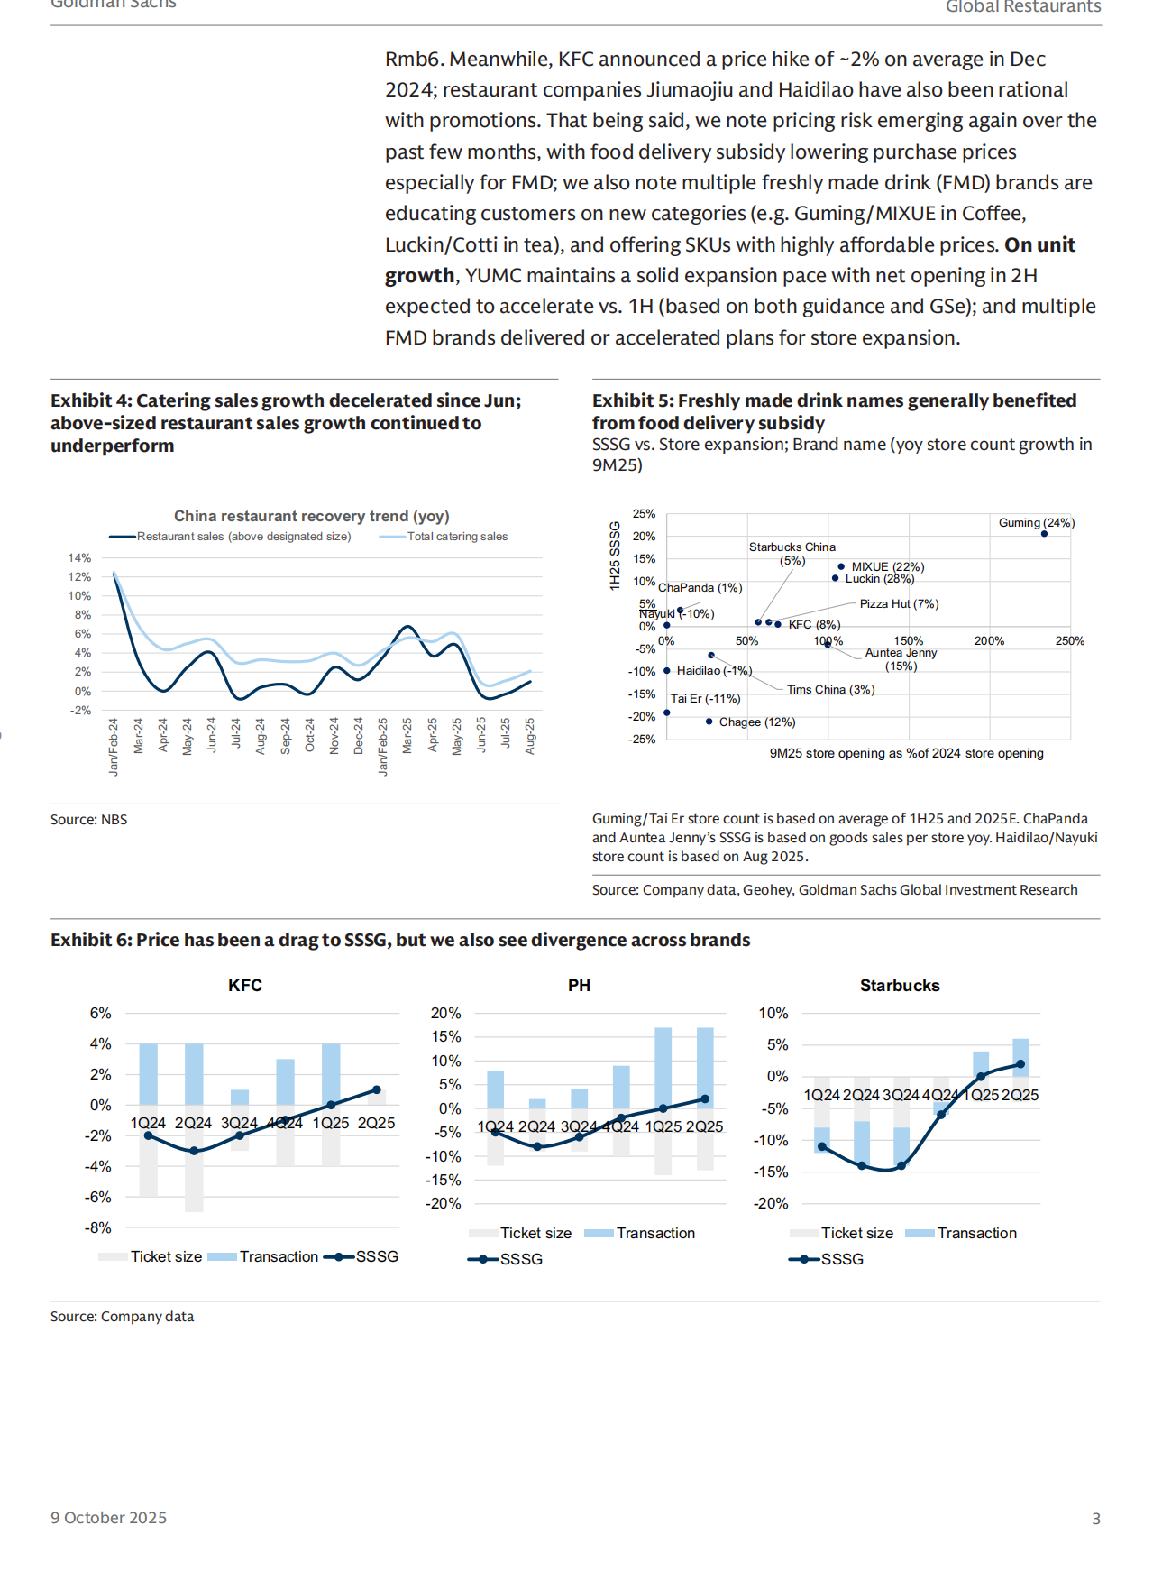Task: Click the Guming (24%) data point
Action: pos(1044,534)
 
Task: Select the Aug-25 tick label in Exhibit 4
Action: pos(530,736)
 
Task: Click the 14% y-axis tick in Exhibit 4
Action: pos(79,558)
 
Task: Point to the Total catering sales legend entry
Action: pos(457,537)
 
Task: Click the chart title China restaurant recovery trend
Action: pos(311,516)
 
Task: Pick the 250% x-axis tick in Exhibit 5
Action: pos(1070,641)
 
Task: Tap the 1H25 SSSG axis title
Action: pos(615,556)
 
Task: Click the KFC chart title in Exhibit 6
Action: pos(245,986)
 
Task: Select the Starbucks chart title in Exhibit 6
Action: pos(900,986)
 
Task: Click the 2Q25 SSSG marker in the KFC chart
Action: pos(377,1089)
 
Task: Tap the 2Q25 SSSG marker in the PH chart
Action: pos(705,1099)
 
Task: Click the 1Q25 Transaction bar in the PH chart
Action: pos(663,1068)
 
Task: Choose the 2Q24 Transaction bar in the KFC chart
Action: pos(194,1074)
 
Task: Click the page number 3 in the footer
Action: pos(1096,1519)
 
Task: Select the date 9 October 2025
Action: pos(108,1518)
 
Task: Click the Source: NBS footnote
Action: pos(88,820)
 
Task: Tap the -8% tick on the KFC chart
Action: pos(98,1228)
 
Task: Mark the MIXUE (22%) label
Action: pos(887,567)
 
